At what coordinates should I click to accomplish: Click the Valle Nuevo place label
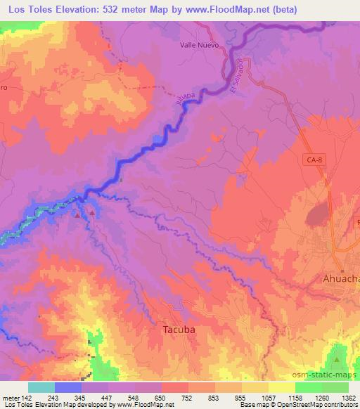click(x=200, y=44)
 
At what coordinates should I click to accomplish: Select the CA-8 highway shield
click(x=314, y=160)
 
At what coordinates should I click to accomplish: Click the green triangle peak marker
click(x=336, y=360)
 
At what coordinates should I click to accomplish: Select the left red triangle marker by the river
click(x=77, y=215)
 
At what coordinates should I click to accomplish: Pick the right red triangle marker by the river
click(x=91, y=213)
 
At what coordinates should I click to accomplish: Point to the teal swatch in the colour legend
click(x=41, y=387)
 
